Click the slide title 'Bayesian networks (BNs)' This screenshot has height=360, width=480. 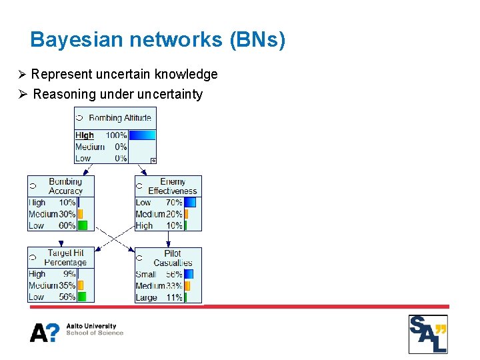point(158,40)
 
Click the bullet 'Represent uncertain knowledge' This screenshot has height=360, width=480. point(124,74)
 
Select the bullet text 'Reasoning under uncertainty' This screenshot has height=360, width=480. point(117,94)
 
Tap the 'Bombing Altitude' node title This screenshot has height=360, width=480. point(120,118)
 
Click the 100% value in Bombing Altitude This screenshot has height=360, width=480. point(116,135)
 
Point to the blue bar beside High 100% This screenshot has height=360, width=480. point(141,135)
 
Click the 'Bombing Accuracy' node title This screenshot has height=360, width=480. point(65,186)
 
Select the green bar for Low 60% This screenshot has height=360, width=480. point(83,225)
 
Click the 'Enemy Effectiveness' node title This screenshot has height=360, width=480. point(173,186)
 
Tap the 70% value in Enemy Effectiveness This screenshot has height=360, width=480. point(173,203)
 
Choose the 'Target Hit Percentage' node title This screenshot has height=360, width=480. point(65,258)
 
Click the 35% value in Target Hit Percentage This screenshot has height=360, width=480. point(67,285)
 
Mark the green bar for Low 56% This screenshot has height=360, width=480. point(82,297)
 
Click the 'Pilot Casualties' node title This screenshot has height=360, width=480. point(173,258)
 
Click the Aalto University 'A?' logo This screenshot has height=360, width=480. point(45,332)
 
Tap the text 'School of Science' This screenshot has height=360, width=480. point(95,333)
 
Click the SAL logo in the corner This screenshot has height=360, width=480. point(427,334)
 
